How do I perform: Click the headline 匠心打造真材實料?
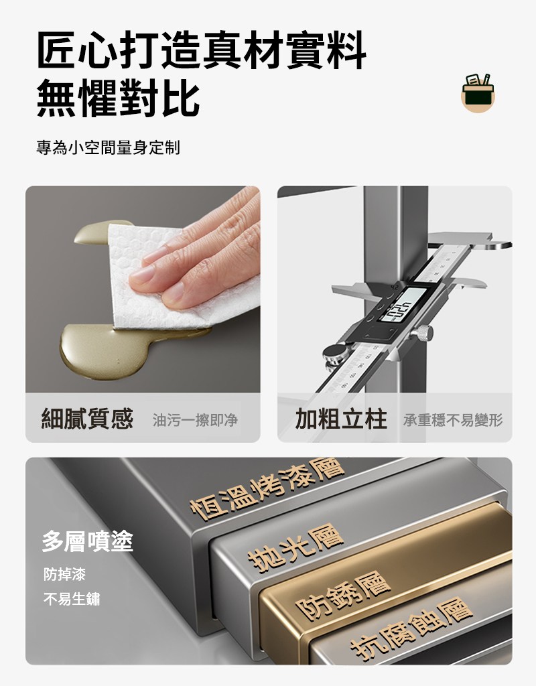coord(202,50)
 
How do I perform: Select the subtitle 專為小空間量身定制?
coord(108,147)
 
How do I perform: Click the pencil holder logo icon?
coord(478,92)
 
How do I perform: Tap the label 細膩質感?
coord(87,418)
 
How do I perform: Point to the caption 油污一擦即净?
coord(195,420)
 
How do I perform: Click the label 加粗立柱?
coord(341,419)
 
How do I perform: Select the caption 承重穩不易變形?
coord(453,420)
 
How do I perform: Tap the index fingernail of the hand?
coord(142,274)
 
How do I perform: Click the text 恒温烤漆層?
coord(268,488)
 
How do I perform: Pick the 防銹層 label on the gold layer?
coord(342,596)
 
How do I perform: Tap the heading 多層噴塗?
coord(88,541)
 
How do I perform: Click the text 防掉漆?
coord(64,574)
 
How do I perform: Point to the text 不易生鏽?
coord(72,598)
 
